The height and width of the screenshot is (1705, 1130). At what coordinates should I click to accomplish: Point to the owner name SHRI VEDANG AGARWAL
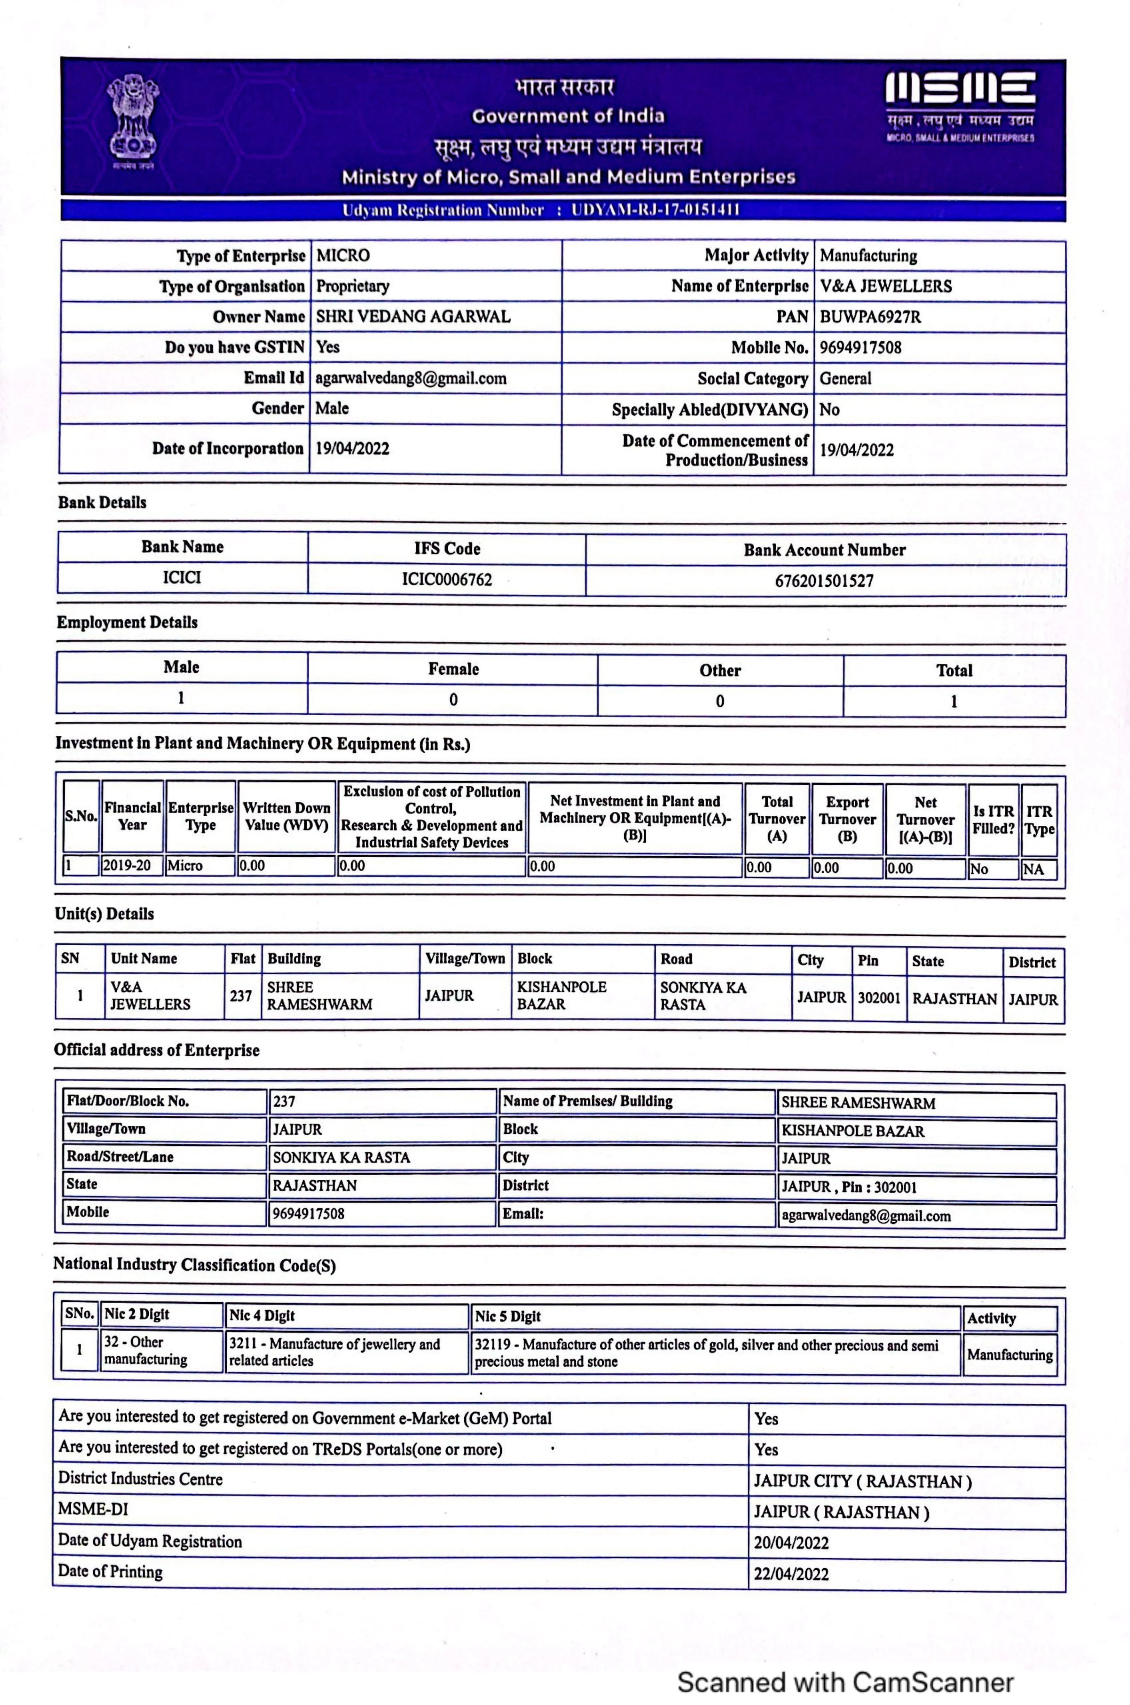413,316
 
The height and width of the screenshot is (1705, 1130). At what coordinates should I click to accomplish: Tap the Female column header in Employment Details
453,669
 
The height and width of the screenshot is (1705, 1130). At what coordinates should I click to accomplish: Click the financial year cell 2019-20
127,865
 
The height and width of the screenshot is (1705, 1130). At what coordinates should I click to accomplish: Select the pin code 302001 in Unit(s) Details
878,998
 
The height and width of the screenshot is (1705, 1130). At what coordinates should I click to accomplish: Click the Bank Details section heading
102,503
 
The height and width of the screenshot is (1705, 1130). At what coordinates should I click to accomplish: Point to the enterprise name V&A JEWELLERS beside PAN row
886,286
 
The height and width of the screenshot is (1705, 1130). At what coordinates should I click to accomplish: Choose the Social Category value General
845,378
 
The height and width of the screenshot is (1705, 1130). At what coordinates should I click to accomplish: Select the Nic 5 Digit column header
507,1316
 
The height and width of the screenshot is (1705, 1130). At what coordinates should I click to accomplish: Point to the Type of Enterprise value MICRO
343,255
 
